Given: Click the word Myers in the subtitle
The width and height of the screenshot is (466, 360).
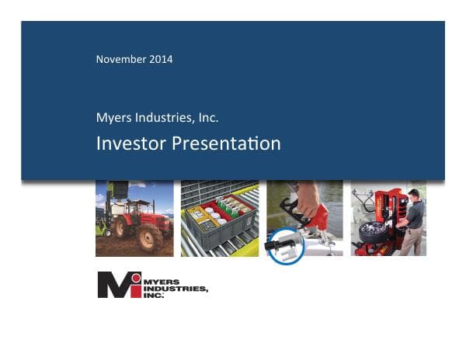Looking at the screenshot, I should pos(111,118).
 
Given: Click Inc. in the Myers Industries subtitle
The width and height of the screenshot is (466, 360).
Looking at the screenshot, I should pos(206,118).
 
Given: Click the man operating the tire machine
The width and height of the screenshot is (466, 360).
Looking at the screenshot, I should pos(414,221).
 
